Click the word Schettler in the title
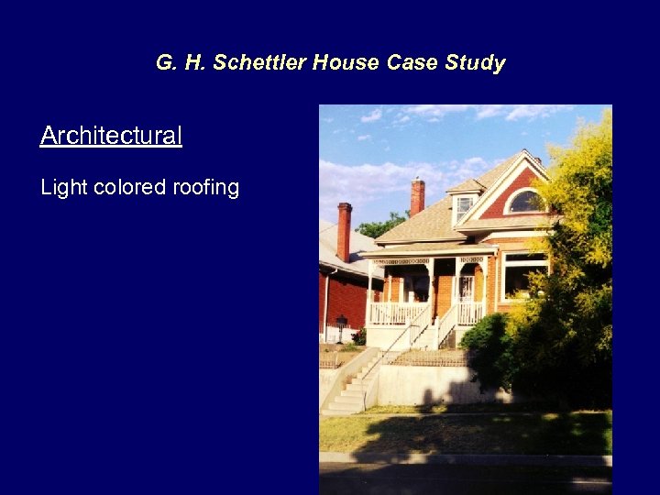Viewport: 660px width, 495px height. [x=261, y=63]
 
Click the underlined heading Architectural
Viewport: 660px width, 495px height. [x=111, y=136]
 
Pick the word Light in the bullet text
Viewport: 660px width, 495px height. [x=63, y=188]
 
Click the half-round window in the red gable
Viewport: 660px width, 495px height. [x=524, y=202]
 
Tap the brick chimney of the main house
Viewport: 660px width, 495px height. [x=417, y=196]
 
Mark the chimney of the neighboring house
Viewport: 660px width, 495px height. [x=344, y=230]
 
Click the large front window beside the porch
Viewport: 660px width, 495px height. [x=523, y=275]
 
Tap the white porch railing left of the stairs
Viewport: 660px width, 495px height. [x=395, y=313]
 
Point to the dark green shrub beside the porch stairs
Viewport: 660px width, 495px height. [x=486, y=344]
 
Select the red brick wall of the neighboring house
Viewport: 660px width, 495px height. [x=344, y=302]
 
